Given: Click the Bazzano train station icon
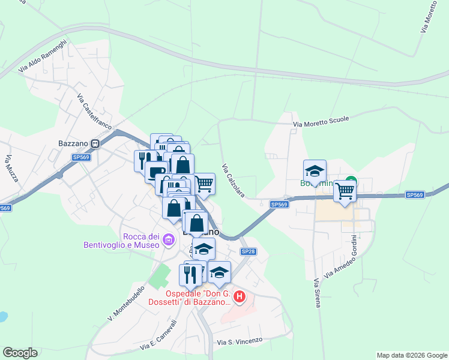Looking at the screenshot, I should coord(95,144).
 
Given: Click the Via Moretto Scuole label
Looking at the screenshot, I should coord(321,122).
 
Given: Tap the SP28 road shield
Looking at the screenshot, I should coord(248,251).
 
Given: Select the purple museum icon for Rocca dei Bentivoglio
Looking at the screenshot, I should coord(169,241).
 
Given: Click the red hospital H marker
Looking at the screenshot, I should coord(240,296).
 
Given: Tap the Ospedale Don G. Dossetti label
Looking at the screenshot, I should coord(190,298).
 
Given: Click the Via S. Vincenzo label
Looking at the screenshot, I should coord(240,341).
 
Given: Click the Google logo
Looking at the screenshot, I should coord(20,353).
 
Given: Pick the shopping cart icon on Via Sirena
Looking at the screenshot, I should coord(345,191).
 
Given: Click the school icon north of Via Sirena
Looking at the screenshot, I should coord(315,171).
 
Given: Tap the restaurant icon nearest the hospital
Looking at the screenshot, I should coord(190,274).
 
